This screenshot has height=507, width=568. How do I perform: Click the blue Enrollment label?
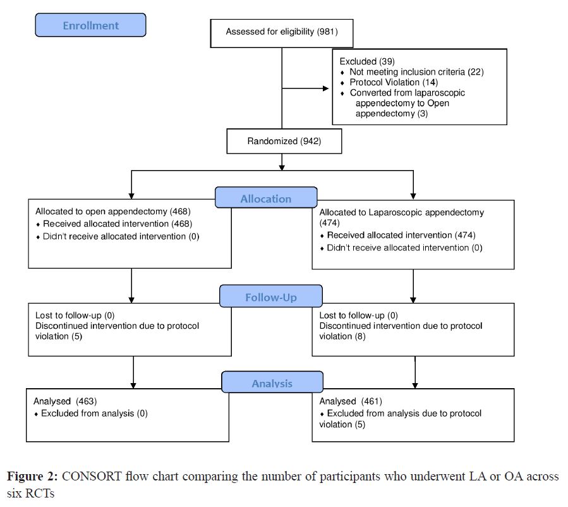(90, 25)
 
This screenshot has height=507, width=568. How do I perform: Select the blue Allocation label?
(265, 198)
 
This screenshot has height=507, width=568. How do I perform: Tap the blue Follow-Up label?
(270, 296)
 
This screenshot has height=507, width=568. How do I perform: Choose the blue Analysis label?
(272, 383)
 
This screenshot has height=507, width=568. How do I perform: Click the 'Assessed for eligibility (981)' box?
(281, 31)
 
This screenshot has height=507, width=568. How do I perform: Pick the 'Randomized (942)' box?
(284, 142)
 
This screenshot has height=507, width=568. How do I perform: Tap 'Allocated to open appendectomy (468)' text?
(112, 212)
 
